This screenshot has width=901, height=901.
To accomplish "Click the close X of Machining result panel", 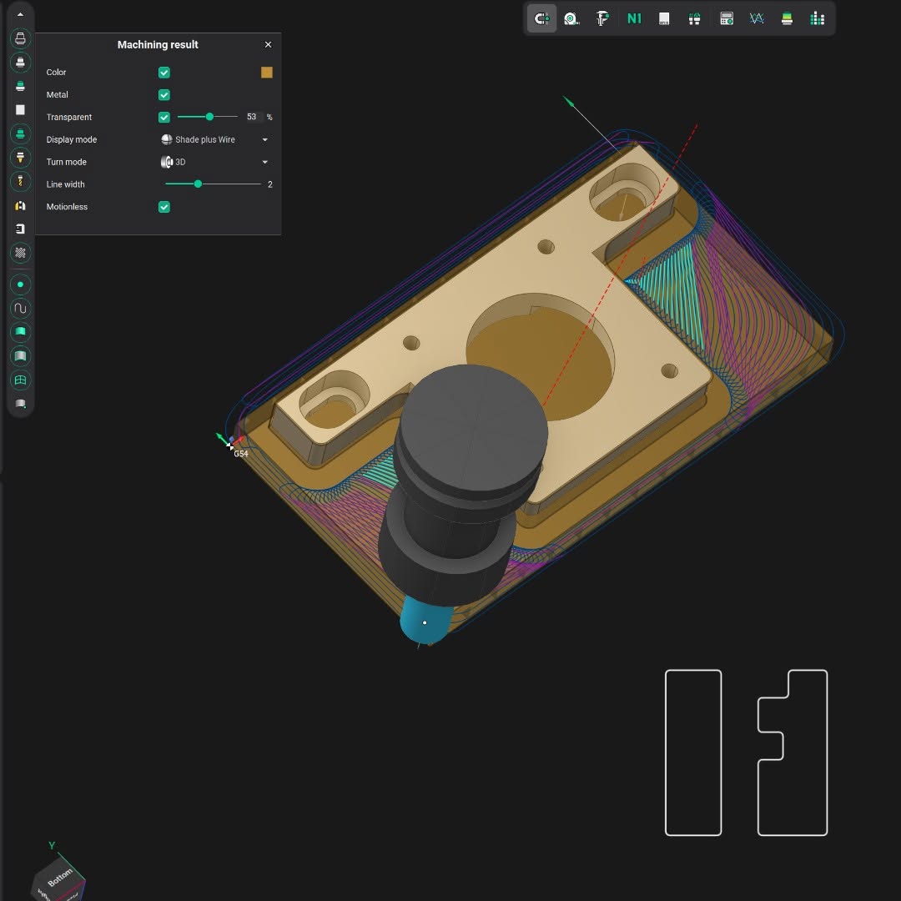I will pyautogui.click(x=268, y=45).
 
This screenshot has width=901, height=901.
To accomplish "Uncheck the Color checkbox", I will pyautogui.click(x=164, y=73).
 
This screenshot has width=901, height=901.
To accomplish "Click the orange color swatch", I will pyautogui.click(x=267, y=73).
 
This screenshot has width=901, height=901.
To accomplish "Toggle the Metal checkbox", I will pyautogui.click(x=164, y=95).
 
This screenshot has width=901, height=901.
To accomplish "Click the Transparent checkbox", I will pyautogui.click(x=164, y=118).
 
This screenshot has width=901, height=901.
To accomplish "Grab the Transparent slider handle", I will pyautogui.click(x=209, y=117).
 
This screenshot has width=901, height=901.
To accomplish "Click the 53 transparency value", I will pyautogui.click(x=251, y=117).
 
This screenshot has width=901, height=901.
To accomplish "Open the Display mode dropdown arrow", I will pyautogui.click(x=265, y=140).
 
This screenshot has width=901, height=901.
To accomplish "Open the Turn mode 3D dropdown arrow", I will pyautogui.click(x=265, y=163).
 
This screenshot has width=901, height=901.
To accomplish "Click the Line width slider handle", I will pyautogui.click(x=198, y=184).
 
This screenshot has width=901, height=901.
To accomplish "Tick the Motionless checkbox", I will pyautogui.click(x=164, y=207).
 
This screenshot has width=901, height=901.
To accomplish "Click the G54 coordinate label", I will pyautogui.click(x=241, y=454).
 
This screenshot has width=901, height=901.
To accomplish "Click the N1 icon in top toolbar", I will pyautogui.click(x=634, y=18).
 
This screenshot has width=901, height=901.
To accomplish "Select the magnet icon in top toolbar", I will pyautogui.click(x=541, y=18).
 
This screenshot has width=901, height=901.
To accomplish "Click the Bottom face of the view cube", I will pyautogui.click(x=59, y=878).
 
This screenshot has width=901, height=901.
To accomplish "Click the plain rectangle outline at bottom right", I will pyautogui.click(x=693, y=753).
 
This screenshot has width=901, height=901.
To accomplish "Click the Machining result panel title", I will pyautogui.click(x=158, y=45).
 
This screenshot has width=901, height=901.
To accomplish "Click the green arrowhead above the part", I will pyautogui.click(x=569, y=102).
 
